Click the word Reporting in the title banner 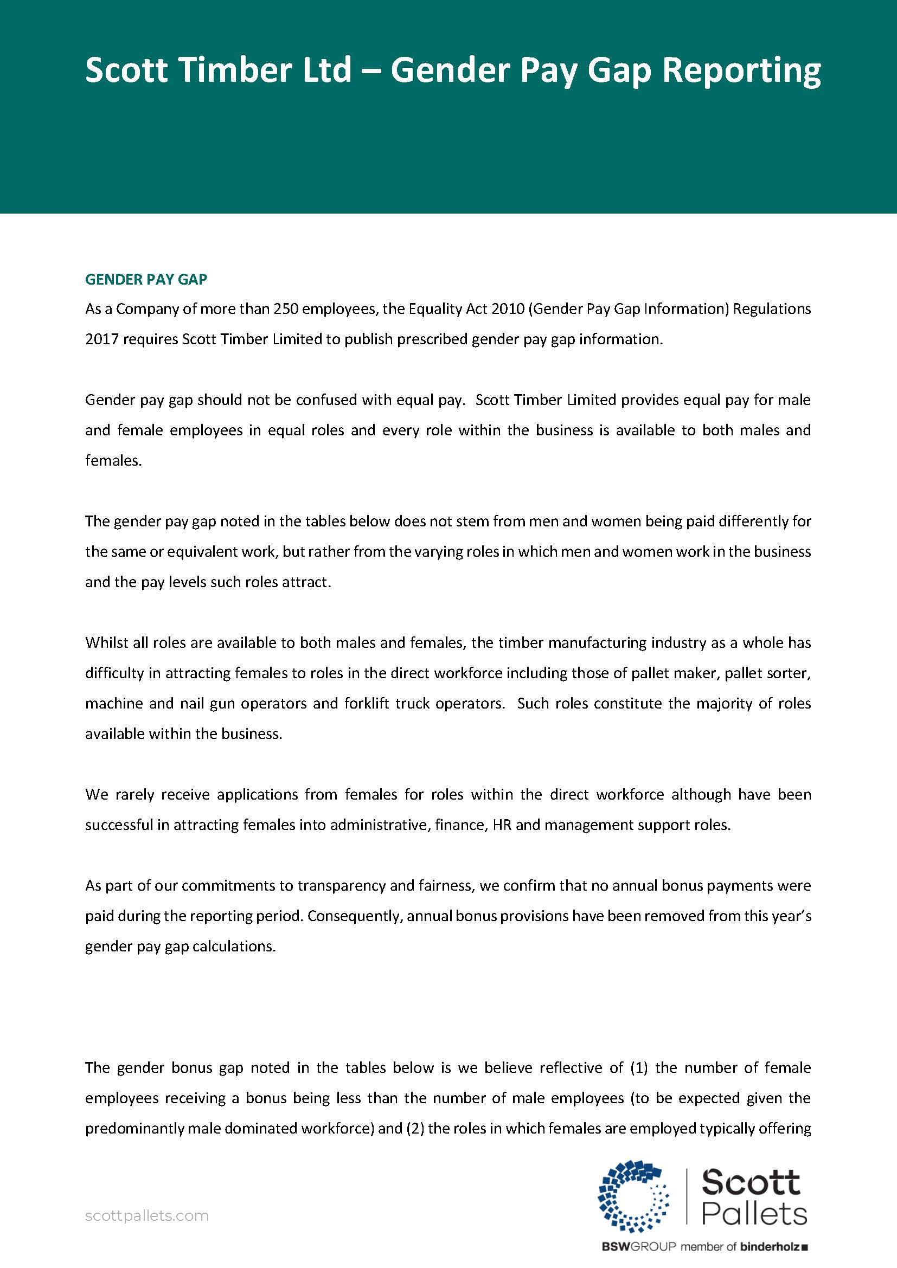pos(741,72)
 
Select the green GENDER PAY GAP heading pos(146,279)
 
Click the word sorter pos(787,673)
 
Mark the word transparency pos(343,886)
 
